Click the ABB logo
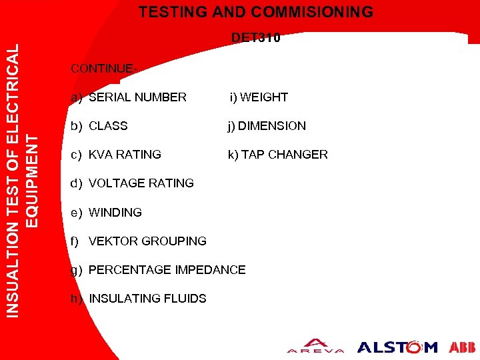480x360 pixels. click(x=462, y=347)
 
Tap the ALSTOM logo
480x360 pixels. click(x=397, y=347)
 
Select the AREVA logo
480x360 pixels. click(x=315, y=347)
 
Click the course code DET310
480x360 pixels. click(x=256, y=38)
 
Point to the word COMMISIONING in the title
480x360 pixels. click(x=317, y=12)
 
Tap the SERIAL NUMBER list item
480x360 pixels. click(x=137, y=97)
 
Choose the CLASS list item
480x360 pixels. click(x=108, y=126)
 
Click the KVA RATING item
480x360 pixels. click(x=125, y=155)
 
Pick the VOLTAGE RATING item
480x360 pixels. click(x=141, y=183)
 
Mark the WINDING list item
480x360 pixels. click(x=115, y=213)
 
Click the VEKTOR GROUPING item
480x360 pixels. click(x=147, y=241)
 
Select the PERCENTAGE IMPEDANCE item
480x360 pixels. click(x=167, y=270)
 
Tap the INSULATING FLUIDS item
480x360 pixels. click(x=147, y=299)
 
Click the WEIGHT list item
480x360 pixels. click(x=263, y=97)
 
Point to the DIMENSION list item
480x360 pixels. click(x=271, y=126)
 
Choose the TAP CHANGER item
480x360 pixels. click(x=284, y=155)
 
